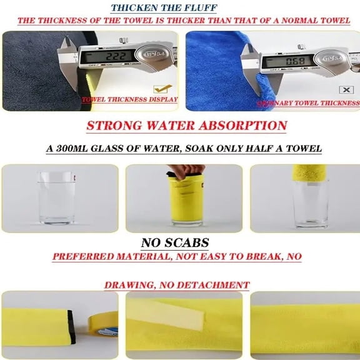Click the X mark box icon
[346, 89]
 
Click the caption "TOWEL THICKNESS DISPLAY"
[129, 100]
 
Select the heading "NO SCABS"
[175, 241]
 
